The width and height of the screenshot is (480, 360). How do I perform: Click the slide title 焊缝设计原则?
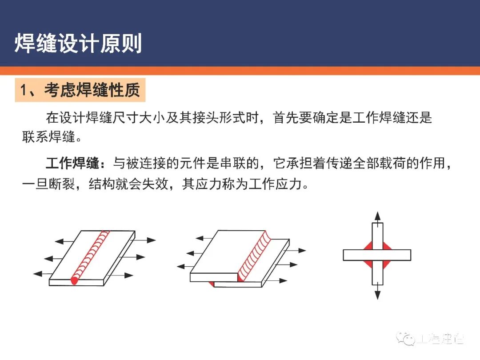pyautogui.click(x=78, y=44)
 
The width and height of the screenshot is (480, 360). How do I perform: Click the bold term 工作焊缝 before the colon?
pyautogui.click(x=72, y=164)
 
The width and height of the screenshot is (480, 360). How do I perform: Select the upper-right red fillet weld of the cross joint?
pyautogui.click(x=386, y=246)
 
